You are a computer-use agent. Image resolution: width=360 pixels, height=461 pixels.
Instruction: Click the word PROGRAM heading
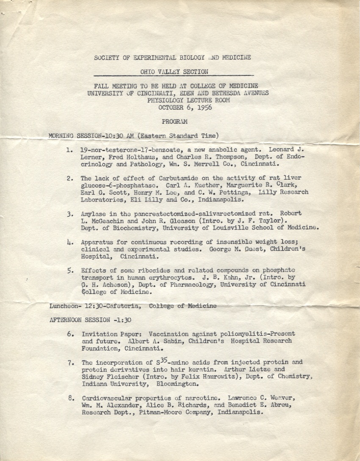click(174, 121)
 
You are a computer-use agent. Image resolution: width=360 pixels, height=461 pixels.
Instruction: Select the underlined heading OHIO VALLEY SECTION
click(174, 72)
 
